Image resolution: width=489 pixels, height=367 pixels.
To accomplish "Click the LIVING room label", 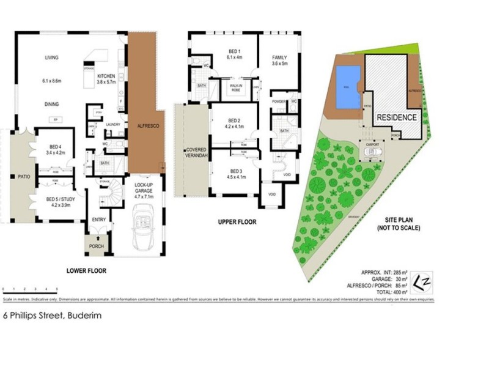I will (51, 57).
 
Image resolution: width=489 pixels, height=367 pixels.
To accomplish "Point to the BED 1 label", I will (235, 51).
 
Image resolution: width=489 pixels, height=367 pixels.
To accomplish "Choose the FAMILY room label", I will (279, 57).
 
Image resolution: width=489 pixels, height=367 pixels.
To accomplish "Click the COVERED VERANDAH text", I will (196, 153).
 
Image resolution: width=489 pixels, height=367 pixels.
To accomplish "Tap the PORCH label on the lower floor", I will (97, 247).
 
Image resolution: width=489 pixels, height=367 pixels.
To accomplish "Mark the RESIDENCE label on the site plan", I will (396, 117).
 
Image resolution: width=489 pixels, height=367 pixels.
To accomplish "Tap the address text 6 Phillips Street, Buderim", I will (52, 316).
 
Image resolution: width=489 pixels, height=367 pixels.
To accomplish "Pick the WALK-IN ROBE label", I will (235, 88).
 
